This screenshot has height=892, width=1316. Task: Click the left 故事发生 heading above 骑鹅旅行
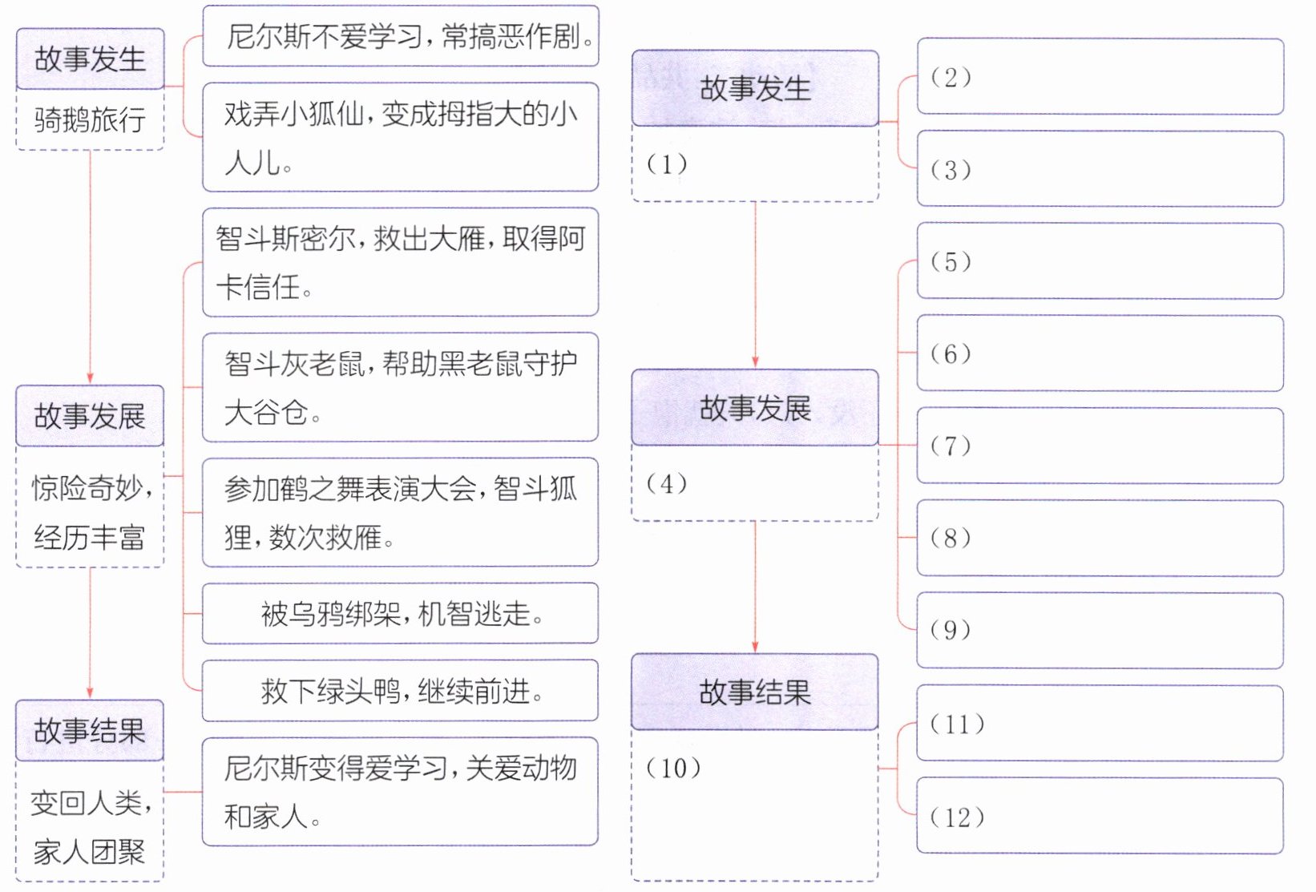(x=90, y=59)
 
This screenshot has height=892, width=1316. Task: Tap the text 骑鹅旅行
(x=90, y=120)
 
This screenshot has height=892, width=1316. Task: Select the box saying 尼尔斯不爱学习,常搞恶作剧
(x=401, y=36)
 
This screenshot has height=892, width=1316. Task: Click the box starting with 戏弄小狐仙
(x=401, y=137)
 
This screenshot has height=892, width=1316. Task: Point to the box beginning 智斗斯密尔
(x=401, y=262)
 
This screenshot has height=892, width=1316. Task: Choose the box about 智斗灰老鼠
(x=401, y=387)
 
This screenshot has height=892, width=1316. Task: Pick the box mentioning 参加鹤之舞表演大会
(x=401, y=512)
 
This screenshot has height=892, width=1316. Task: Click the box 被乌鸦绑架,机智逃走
(x=401, y=613)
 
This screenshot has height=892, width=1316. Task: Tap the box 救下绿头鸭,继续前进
(x=401, y=691)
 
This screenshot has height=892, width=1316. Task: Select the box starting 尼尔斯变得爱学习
(x=401, y=792)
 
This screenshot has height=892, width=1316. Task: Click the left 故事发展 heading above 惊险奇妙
(x=90, y=416)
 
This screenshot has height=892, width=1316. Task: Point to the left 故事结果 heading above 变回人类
(x=90, y=730)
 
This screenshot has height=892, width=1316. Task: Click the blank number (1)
(x=667, y=164)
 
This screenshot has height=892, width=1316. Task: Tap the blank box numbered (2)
(x=1100, y=76)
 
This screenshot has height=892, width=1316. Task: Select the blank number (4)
(x=667, y=484)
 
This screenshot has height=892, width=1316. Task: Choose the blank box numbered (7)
(x=1100, y=446)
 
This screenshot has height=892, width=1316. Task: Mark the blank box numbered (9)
(x=1100, y=630)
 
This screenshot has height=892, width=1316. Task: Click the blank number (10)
(x=673, y=768)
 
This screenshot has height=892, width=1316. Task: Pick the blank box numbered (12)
(x=1100, y=816)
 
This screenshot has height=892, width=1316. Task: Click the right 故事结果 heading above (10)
(x=756, y=692)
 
